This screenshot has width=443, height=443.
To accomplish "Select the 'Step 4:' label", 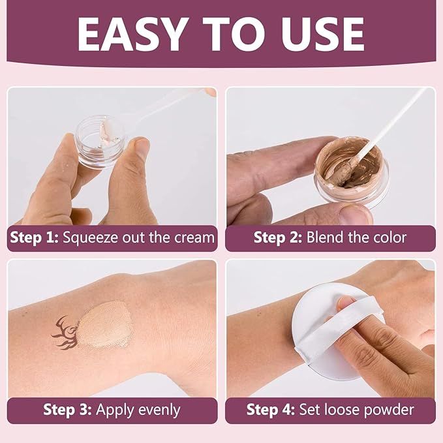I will pos(270,410).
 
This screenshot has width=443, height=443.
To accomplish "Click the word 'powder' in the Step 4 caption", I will pos(389,410).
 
